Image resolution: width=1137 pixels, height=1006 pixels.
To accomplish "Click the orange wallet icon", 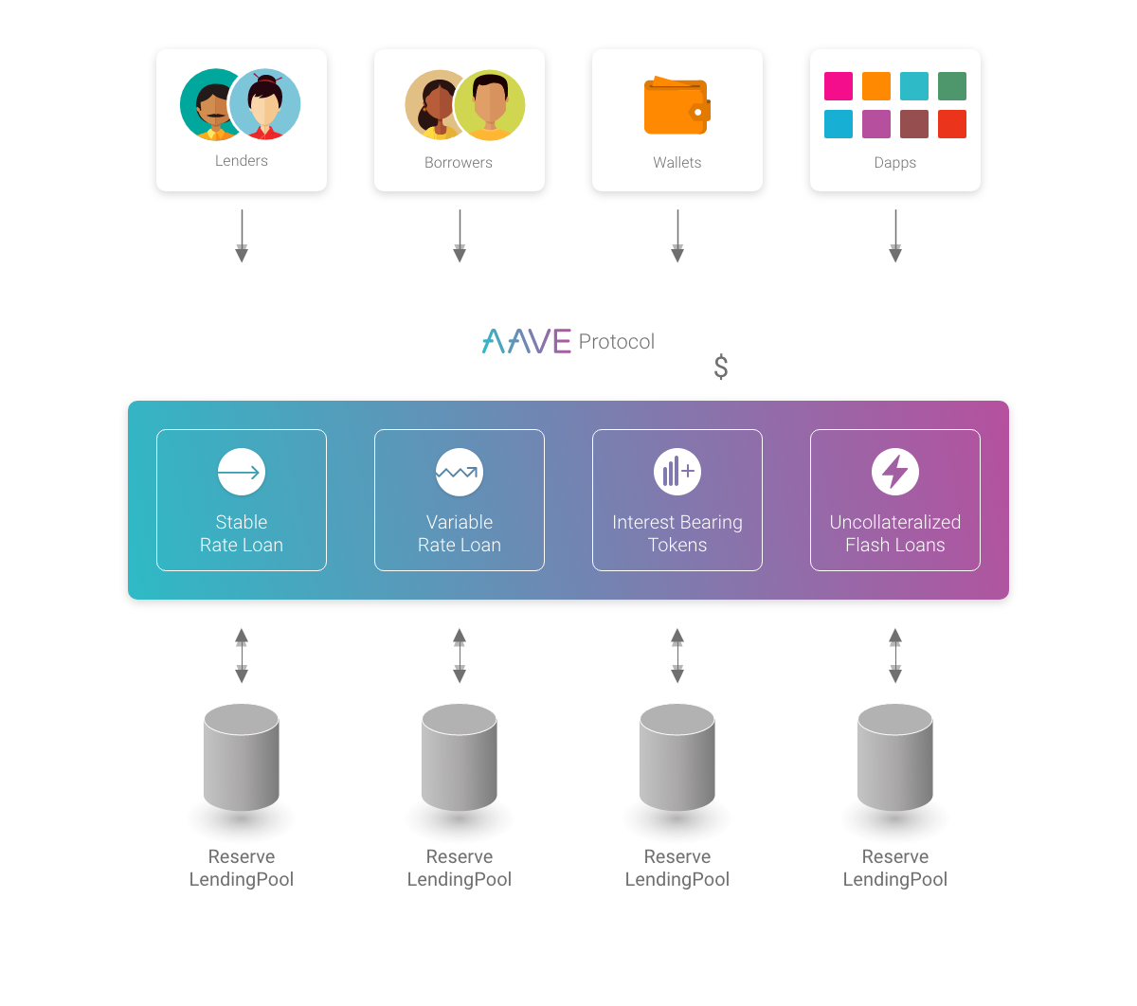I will coord(677,107).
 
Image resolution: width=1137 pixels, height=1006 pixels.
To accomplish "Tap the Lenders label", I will coord(242,161).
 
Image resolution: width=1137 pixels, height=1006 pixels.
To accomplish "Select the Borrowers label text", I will coord(459,163).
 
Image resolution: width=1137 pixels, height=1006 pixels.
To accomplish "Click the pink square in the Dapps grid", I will coord(839,86).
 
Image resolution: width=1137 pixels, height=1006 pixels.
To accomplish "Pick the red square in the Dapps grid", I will coord(952,124).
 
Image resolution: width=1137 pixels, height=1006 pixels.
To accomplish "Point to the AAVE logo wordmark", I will coord(527,341).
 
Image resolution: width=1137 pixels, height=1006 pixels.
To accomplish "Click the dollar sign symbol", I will coord(721,368).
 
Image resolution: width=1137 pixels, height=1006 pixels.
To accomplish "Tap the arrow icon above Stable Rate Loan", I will coord(242,472).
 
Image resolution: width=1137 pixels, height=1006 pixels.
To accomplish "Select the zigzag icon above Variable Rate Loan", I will coord(460,472).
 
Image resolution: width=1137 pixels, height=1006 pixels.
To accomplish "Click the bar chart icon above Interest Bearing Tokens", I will coord(677,472).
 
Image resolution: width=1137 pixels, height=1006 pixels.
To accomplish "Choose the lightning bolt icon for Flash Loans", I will coord(895,472).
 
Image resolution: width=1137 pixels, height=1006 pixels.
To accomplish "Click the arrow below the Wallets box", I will coord(677,237).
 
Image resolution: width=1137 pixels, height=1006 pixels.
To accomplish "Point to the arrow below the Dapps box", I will coord(895,237).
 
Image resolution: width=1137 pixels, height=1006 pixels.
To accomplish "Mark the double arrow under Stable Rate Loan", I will coord(242,656).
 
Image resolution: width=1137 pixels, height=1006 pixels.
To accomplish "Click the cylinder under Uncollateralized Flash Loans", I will coord(895,758).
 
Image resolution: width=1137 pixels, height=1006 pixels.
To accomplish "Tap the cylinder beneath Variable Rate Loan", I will coord(460,758).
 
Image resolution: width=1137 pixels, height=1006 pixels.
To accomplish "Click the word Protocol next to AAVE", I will coord(617,342).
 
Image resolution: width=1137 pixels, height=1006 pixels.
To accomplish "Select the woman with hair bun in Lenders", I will coord(264,104).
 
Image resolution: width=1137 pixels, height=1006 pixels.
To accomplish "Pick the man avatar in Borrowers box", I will coord(489,104).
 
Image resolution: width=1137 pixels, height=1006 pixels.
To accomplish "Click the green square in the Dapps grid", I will coord(952,86).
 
